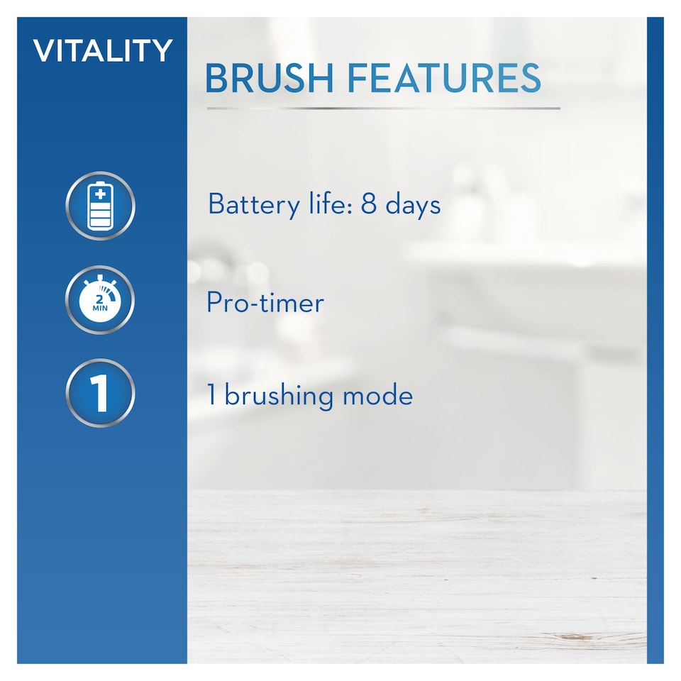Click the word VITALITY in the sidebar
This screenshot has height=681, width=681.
(103, 51)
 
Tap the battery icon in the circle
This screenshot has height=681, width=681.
(100, 206)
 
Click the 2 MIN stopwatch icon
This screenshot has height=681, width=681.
(100, 300)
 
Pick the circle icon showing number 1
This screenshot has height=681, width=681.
(100, 393)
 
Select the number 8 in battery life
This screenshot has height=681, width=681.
(368, 205)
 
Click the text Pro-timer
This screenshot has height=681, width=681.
(265, 303)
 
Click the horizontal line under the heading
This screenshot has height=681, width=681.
(383, 109)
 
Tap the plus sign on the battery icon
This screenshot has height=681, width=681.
(100, 193)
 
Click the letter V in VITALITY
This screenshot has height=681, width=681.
(43, 51)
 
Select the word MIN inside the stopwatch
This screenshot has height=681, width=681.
(99, 309)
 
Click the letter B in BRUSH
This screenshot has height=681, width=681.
(216, 79)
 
